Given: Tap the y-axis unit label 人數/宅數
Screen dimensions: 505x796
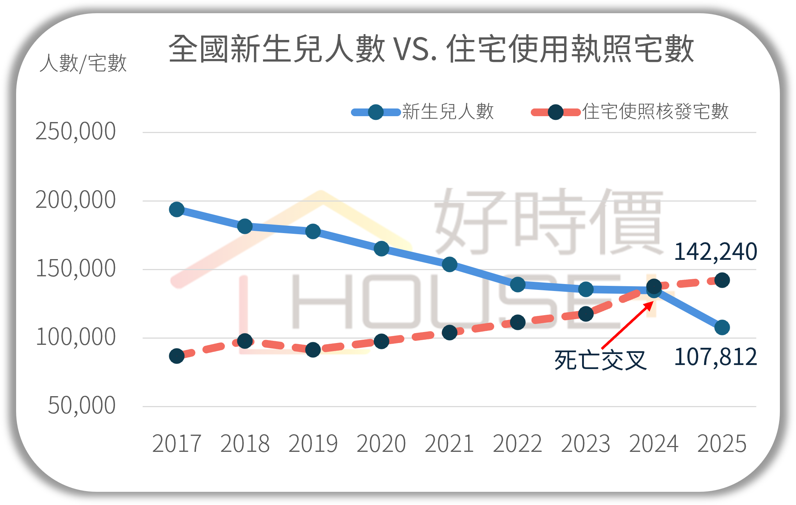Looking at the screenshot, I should (x=83, y=63).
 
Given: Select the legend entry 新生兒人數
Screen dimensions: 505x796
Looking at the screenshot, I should (x=448, y=112).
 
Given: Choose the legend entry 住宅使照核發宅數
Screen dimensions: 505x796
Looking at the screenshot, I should (x=655, y=112).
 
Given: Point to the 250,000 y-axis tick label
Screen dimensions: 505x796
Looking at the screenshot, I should (x=75, y=132).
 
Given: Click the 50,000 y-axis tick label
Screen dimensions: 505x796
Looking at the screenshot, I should (x=81, y=406).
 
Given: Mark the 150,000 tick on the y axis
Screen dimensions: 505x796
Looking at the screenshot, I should (x=75, y=269).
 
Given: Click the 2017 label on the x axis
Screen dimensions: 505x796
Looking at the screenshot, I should (x=177, y=444).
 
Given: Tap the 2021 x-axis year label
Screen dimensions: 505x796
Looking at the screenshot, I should (x=449, y=444).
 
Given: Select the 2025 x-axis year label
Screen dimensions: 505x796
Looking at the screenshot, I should (x=722, y=444).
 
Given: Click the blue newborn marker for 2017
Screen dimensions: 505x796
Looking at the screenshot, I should (x=177, y=210).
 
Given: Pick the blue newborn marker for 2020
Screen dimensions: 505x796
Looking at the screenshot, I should (x=381, y=249).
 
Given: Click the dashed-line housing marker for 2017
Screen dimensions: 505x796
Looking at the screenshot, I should (x=177, y=356).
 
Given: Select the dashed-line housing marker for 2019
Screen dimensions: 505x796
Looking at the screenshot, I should (x=313, y=350).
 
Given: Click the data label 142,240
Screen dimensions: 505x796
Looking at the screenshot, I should (x=715, y=252).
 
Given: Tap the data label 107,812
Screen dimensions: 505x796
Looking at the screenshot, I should (x=715, y=357).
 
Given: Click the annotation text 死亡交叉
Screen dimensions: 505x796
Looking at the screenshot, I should (x=601, y=361).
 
